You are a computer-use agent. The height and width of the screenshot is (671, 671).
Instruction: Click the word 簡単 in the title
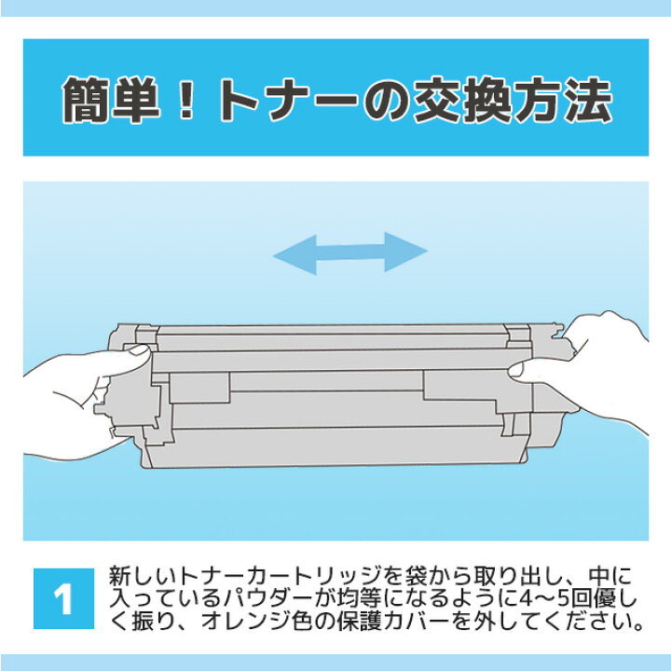click(111, 100)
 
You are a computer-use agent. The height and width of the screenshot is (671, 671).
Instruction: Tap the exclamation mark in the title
click(186, 100)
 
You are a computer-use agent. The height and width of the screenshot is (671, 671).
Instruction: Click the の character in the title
click(387, 101)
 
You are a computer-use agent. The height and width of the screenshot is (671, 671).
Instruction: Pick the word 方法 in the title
click(562, 100)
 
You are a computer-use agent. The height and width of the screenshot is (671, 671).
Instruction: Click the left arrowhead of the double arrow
click(294, 254)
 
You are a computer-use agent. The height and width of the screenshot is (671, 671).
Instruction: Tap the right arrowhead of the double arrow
click(406, 252)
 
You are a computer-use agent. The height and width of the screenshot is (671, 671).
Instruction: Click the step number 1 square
click(63, 598)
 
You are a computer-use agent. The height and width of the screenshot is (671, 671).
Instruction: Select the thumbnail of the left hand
click(138, 350)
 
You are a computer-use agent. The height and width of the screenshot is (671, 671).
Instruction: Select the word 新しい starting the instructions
click(144, 576)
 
